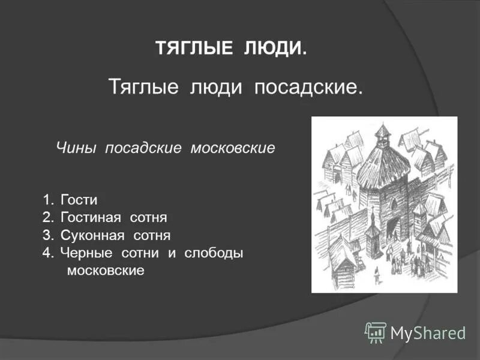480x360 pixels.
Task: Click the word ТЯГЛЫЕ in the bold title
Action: tap(194, 49)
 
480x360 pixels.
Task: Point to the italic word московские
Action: tap(233, 148)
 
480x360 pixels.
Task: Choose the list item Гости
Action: tap(79, 200)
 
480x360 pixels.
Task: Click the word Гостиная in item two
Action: tap(91, 217)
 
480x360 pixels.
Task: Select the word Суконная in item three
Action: tap(92, 235)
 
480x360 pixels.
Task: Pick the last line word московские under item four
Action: tap(106, 270)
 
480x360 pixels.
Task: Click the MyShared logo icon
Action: tap(376, 332)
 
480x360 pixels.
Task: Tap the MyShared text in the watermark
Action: tap(428, 332)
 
